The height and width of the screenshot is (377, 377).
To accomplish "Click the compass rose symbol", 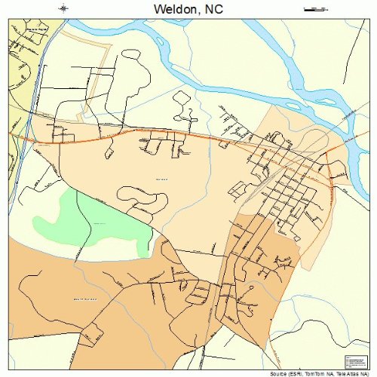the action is [x=63, y=8].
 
